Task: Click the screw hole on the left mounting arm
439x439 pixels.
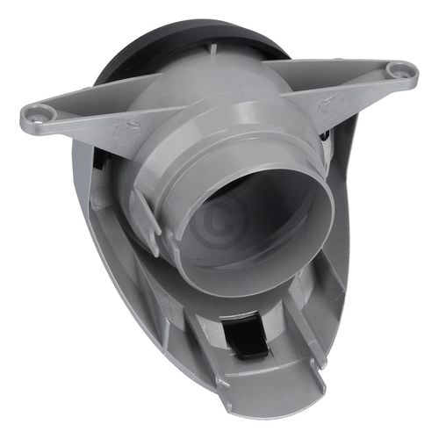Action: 38,112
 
